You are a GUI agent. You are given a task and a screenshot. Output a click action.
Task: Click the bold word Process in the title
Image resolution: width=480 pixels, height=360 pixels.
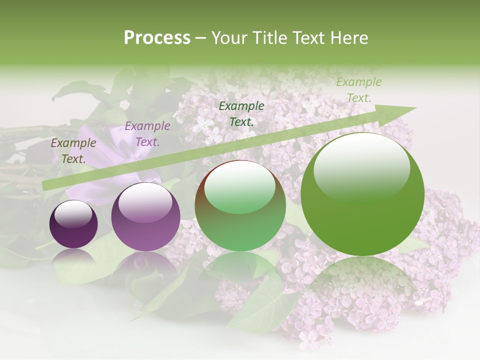(157, 38)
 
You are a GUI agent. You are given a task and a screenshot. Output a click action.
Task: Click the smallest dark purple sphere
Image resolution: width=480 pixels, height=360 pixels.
(73, 225)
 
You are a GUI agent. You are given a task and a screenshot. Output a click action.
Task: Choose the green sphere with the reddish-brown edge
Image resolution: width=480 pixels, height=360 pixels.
(240, 206)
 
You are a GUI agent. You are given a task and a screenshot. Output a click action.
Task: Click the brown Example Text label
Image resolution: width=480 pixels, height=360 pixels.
(73, 151)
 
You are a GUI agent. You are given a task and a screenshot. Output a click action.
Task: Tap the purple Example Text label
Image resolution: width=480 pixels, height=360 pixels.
(147, 134)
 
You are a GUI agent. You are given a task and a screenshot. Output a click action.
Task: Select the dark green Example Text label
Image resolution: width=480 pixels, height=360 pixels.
(241, 113)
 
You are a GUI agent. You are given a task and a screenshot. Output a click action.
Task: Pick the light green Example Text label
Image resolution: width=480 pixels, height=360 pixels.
(358, 90)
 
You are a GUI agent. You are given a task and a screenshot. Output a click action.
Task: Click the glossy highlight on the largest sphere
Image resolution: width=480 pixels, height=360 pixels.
(361, 165)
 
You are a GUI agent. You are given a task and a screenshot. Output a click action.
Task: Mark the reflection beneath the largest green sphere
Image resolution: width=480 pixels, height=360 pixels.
(362, 280)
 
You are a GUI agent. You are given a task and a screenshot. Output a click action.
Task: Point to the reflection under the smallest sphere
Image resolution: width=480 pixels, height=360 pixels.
(73, 257)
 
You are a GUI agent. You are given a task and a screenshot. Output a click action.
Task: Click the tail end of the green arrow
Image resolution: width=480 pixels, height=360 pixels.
(47, 185)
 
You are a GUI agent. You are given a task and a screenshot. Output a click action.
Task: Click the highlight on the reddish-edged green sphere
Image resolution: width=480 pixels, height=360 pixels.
(239, 187)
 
